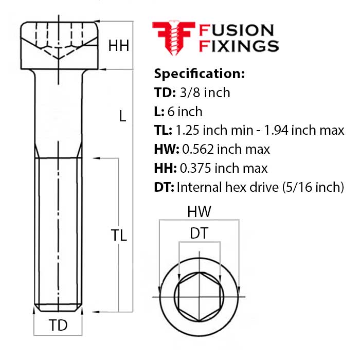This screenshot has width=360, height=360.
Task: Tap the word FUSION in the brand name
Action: tap(237, 30)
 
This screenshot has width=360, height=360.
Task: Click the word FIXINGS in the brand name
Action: tap(239, 46)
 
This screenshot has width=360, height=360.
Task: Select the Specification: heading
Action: tap(200, 74)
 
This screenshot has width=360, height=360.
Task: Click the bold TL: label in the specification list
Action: tap(164, 131)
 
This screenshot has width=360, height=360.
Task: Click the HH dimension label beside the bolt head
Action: tap(119, 46)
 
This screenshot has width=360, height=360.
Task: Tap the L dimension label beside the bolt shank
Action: tap(122, 117)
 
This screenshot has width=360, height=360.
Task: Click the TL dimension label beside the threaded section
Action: tap(119, 236)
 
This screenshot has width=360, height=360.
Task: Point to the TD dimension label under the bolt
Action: tap(58, 326)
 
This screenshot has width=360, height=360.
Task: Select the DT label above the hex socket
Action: tap(199, 233)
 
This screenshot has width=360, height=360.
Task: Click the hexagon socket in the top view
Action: tap(199, 298)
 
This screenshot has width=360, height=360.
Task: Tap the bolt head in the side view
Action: tap(59, 46)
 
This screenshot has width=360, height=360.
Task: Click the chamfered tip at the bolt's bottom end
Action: tap(59, 309)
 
